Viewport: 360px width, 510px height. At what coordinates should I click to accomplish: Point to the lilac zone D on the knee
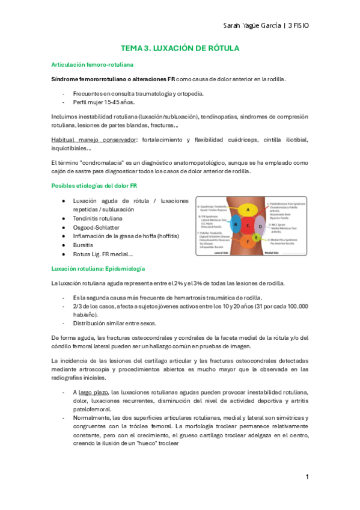[x=261, y=226]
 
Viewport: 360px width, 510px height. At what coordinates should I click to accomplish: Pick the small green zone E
[x=257, y=238]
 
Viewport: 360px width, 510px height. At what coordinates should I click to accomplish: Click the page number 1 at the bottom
[x=307, y=477]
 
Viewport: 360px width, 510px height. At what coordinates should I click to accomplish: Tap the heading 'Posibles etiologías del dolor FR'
[x=94, y=186]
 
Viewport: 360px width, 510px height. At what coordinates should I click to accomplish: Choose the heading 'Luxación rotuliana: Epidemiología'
[x=97, y=268]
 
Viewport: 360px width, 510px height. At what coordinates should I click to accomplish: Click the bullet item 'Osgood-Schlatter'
[x=96, y=228]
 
